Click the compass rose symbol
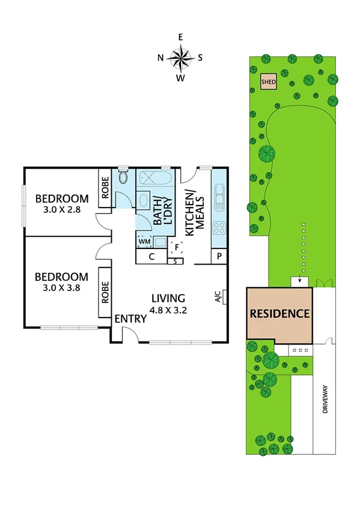point(180,58)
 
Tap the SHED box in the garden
point(268,82)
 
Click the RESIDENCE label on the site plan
point(279,313)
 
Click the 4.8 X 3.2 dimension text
point(168,310)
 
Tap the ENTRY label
point(131,319)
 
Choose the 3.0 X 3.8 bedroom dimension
point(62,289)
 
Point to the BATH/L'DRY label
point(162,210)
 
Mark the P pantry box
point(219,257)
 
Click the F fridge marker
point(176,247)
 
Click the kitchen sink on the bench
point(219,196)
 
